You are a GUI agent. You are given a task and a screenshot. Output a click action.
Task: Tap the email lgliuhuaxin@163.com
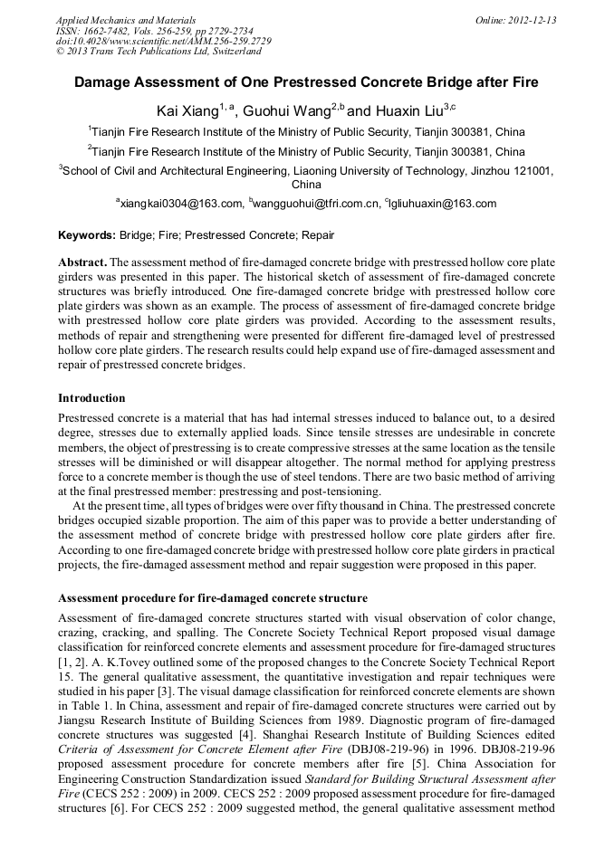(x=443, y=204)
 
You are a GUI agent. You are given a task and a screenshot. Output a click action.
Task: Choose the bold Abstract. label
(x=82, y=262)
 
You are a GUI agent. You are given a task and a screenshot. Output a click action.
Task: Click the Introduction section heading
(x=91, y=397)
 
